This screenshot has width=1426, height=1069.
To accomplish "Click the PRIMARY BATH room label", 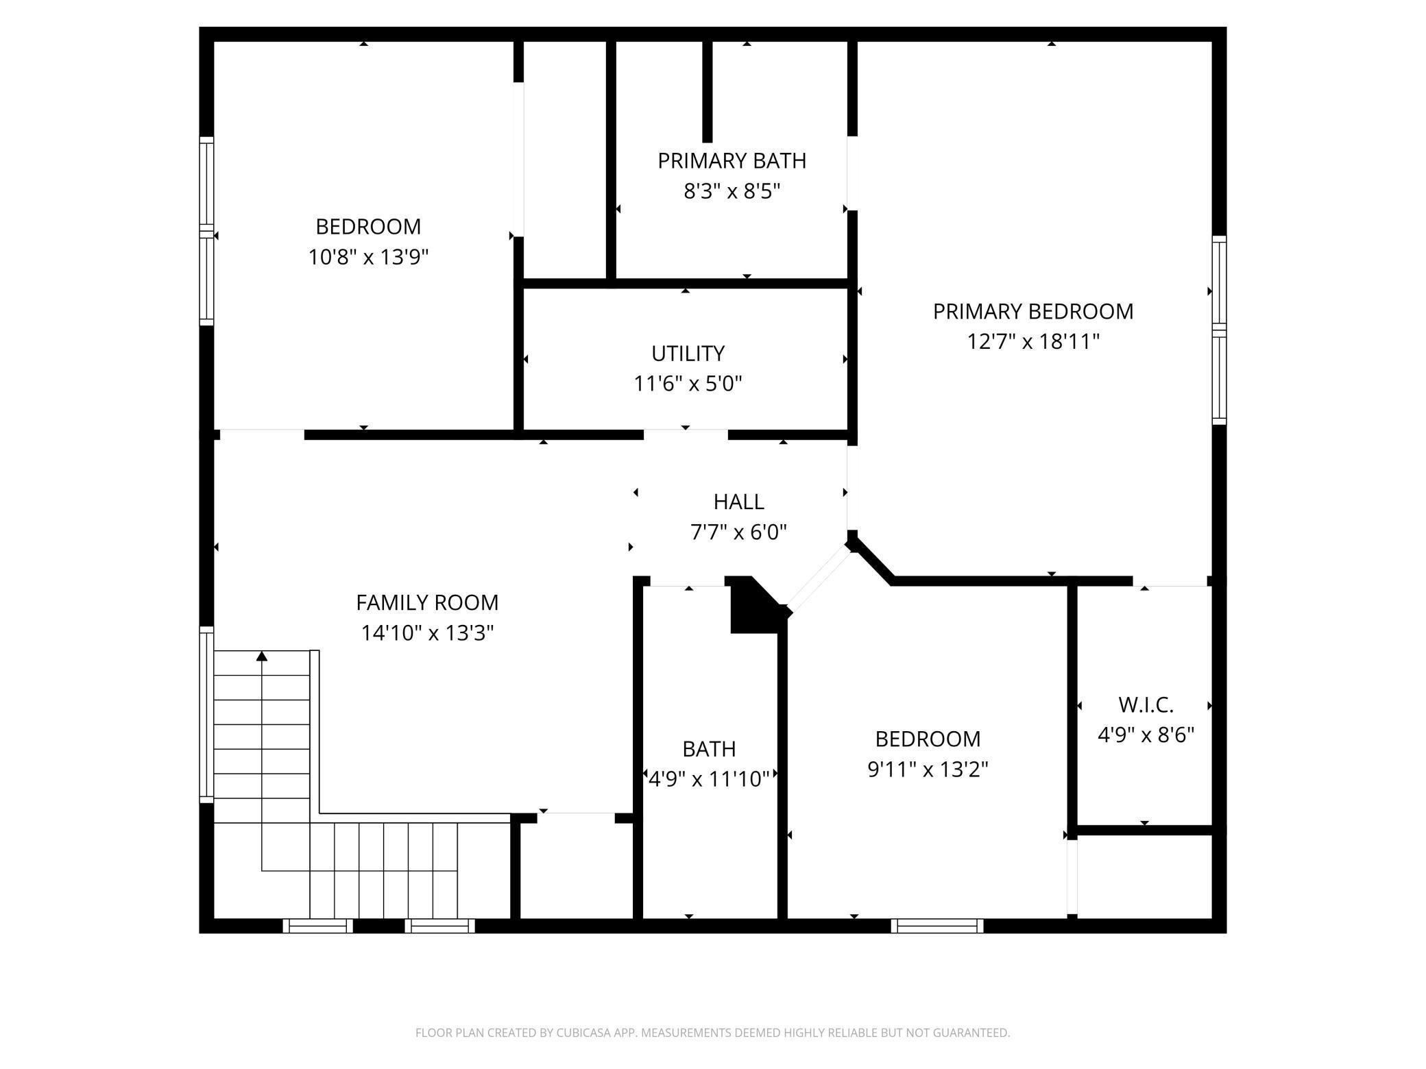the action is (732, 160).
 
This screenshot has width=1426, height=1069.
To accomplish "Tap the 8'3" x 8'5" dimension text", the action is (732, 191).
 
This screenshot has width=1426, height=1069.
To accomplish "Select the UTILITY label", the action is (688, 353).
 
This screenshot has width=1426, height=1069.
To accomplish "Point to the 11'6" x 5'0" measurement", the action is (688, 383).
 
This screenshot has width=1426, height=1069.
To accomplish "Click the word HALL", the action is (738, 502).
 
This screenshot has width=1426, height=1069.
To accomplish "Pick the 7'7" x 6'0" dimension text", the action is (738, 532).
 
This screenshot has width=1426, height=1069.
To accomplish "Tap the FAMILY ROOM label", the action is (427, 602).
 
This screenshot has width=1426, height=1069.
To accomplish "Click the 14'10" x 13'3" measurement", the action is (427, 632).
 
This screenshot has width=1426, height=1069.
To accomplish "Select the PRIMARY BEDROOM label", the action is (1033, 311).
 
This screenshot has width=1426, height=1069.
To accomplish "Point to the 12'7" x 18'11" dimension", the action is (1033, 341).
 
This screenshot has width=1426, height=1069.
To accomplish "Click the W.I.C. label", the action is (1146, 704).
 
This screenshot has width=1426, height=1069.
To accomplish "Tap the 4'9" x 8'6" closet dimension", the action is (1146, 735).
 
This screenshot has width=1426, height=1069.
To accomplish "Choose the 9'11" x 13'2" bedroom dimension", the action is (928, 770).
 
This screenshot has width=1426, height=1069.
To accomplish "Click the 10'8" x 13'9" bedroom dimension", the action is (368, 257).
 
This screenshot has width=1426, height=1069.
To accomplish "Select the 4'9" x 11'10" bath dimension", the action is (709, 779).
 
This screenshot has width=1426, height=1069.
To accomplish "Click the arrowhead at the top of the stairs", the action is (261, 656).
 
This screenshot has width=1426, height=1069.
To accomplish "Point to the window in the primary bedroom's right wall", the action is (1219, 330).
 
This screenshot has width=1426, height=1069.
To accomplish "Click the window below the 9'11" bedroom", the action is (937, 926).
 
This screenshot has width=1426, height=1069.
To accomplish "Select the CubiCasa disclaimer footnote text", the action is (713, 1033).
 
